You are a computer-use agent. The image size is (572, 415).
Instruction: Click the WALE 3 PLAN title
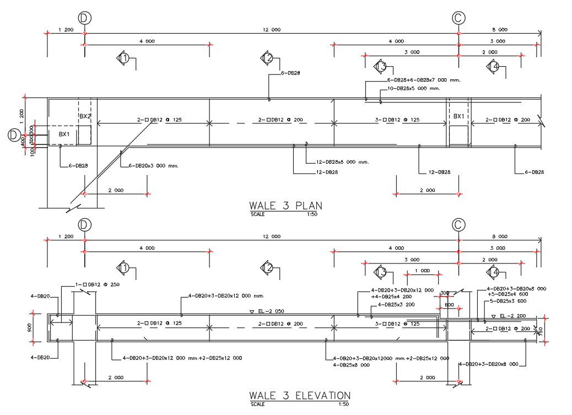pyautogui.click(x=285, y=206)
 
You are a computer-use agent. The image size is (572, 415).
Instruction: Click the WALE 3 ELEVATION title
pyautogui.click(x=299, y=396)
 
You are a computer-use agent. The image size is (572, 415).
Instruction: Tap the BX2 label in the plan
pyautogui.click(x=84, y=117)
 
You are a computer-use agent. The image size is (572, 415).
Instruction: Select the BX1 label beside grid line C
pyautogui.click(x=458, y=117)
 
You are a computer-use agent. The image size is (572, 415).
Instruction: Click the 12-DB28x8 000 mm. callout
pyautogui.click(x=342, y=162)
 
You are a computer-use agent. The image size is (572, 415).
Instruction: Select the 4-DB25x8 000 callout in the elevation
pyautogui.click(x=351, y=364)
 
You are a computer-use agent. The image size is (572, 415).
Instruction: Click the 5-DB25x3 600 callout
pyautogui.click(x=509, y=301)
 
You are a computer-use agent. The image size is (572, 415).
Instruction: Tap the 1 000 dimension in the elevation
pyautogui.click(x=422, y=271)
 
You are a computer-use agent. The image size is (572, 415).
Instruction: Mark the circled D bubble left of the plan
pyautogui.click(x=14, y=135)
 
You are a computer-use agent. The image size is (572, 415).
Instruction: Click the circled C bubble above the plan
pyautogui.click(x=458, y=18)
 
